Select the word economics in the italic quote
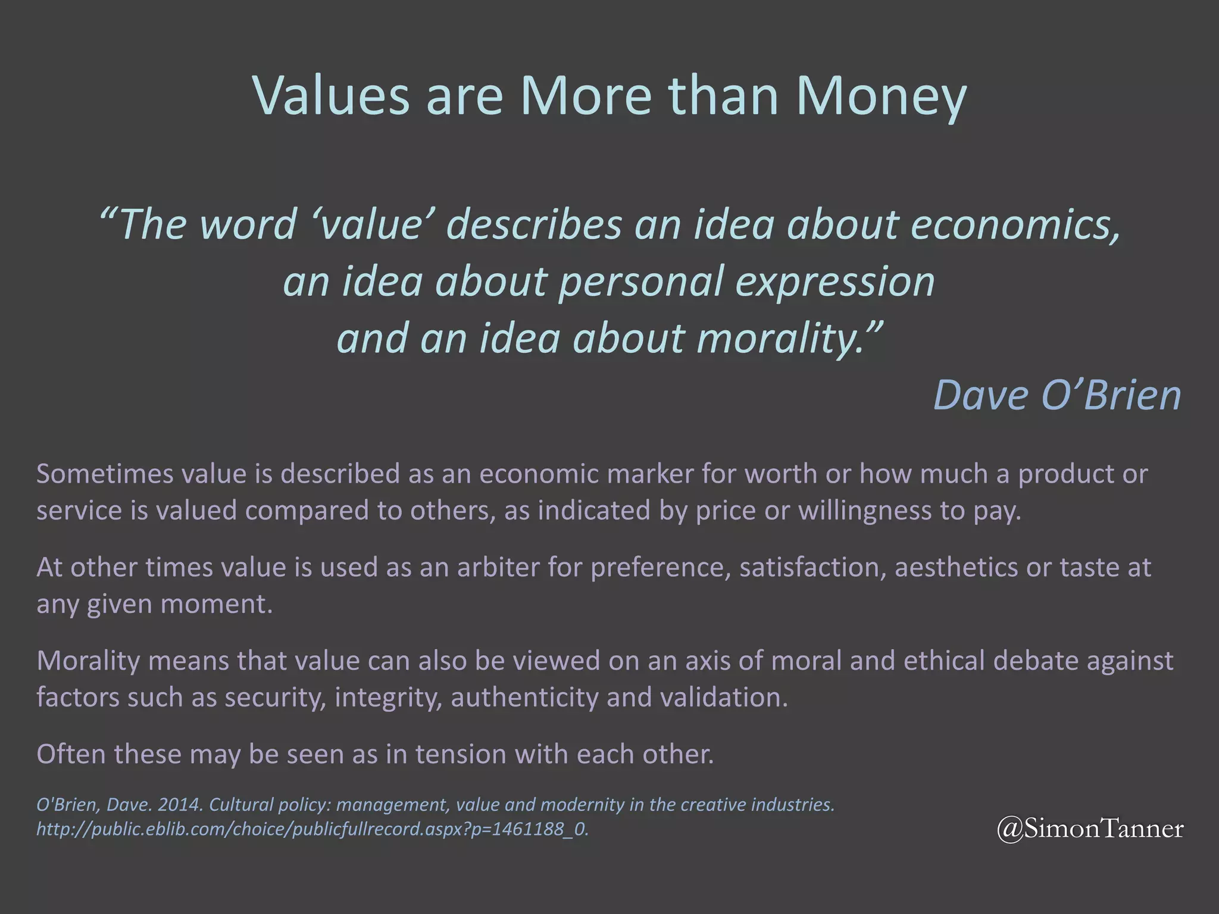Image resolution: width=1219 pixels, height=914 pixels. coord(1014,225)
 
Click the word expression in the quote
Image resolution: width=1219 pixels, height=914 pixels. coord(835,281)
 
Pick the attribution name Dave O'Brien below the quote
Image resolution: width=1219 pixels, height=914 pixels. coord(1057,395)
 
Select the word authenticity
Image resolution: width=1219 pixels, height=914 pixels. coord(524,697)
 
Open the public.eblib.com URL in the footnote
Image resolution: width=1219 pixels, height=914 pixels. coord(312,829)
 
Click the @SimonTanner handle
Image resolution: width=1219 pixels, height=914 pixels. coord(1090,828)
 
